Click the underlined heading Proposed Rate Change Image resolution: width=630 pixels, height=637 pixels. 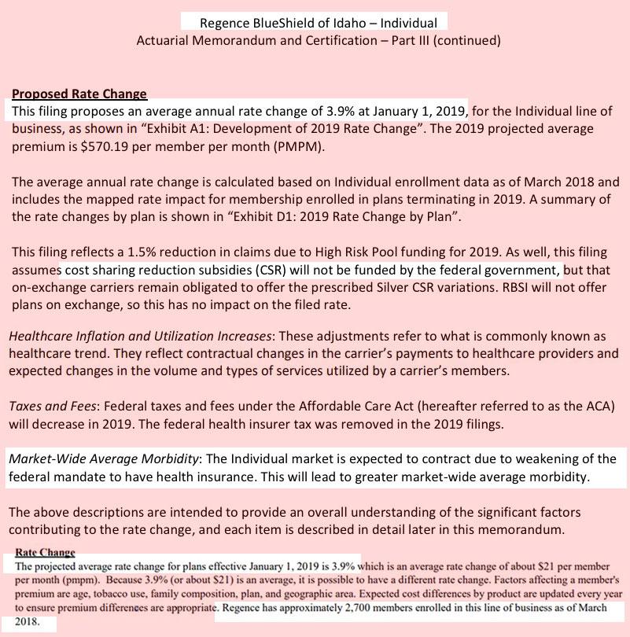(x=79, y=94)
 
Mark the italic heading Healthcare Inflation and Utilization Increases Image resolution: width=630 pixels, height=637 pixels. (x=141, y=337)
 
